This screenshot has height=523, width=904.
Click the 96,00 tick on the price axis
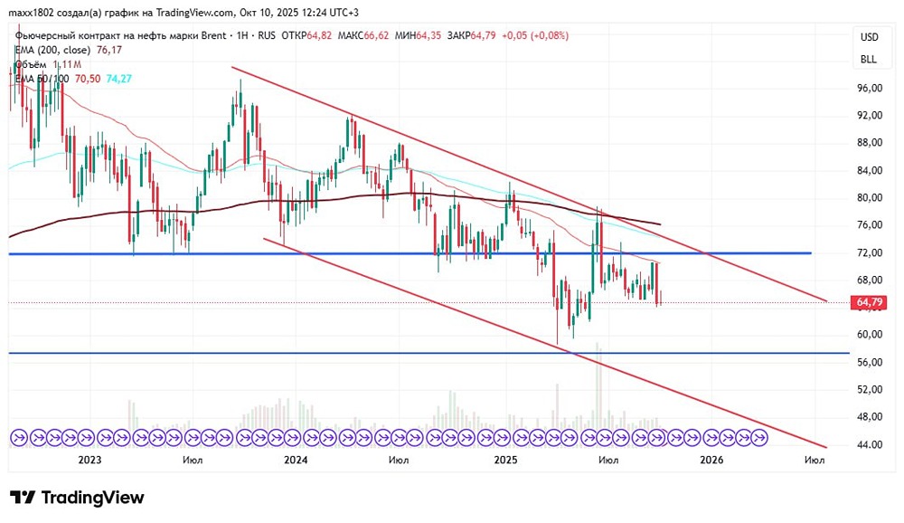[x=869, y=89]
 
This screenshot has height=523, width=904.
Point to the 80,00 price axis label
[x=869, y=198]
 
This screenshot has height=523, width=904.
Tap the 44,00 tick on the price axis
[x=869, y=445]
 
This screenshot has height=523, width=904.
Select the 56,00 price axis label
[x=869, y=363]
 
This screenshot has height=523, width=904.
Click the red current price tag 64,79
[x=868, y=302]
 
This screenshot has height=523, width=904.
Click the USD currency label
[x=869, y=37]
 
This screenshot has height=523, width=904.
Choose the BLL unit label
[x=869, y=60]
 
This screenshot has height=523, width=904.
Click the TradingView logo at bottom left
[x=77, y=498]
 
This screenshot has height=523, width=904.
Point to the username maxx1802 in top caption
[x=29, y=12]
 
